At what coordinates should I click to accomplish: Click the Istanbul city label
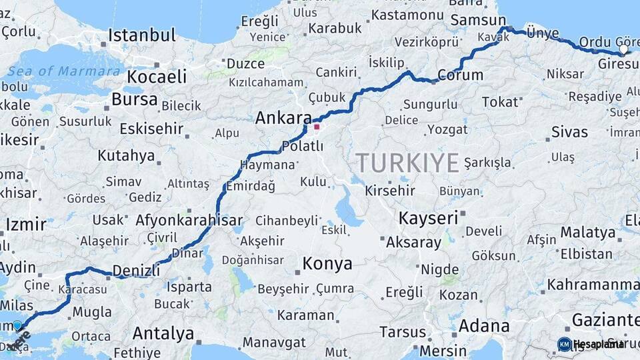142,35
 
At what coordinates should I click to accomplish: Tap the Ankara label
283,119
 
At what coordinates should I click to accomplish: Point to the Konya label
327,264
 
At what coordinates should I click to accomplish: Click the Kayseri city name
428,218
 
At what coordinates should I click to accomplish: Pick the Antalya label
163,333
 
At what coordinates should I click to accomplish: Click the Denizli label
136,270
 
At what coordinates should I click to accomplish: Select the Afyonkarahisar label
189,220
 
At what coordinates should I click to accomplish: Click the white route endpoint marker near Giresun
623,49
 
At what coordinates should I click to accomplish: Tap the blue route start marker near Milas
17,325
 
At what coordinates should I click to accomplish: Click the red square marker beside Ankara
317,126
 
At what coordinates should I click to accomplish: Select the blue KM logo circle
565,344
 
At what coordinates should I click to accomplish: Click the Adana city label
484,327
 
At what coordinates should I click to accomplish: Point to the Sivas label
569,132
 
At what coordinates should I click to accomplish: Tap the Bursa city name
135,100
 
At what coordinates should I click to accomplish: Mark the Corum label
461,75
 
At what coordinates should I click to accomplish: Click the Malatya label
587,233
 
